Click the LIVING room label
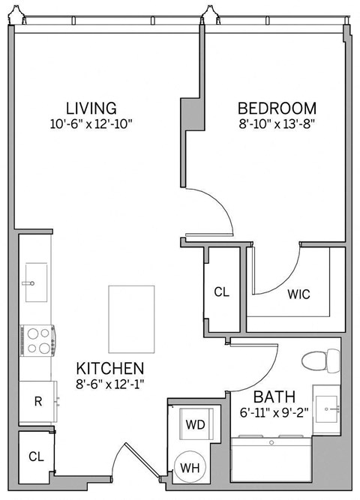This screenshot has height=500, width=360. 91,107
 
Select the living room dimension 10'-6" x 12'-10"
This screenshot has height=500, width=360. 91,124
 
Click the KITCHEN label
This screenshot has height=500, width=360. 110,369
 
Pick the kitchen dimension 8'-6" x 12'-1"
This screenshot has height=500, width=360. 110,385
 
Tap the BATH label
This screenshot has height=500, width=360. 273,397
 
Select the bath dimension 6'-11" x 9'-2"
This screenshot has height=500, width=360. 273,412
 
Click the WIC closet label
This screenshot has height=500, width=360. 299,294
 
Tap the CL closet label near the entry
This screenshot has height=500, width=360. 36,455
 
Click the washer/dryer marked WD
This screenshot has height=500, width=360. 195,424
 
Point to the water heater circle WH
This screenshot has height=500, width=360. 190,469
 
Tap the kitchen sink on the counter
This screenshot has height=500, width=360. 34,282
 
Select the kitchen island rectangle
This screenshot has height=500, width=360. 130,318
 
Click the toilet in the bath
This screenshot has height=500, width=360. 320,361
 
